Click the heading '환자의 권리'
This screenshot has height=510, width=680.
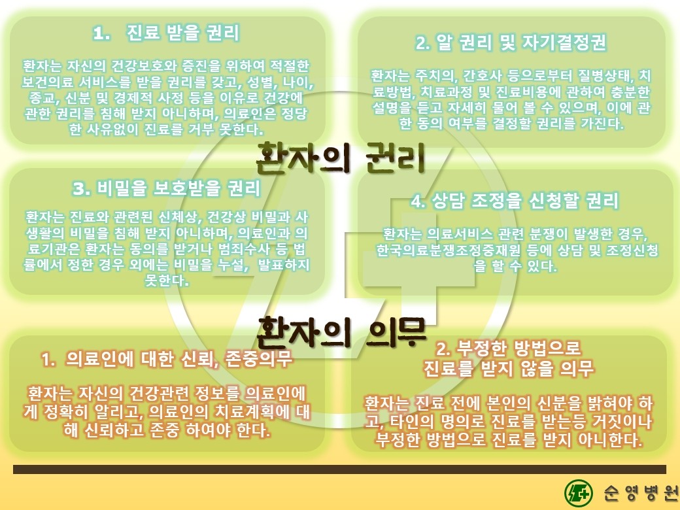point(341,158)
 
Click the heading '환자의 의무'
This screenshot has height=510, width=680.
point(341,332)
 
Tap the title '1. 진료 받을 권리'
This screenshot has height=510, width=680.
point(166,33)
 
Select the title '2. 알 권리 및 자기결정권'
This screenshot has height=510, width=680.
point(511,42)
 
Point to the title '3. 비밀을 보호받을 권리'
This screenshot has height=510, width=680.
point(167,188)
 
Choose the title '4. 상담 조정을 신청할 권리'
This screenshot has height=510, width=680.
point(515,201)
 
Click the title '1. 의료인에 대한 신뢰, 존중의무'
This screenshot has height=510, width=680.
point(167,359)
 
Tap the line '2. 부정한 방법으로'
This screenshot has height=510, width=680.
point(508,348)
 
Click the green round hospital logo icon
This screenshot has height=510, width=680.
point(578,493)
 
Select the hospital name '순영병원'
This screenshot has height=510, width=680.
point(641,492)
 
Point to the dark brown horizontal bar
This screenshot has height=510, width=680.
point(339,469)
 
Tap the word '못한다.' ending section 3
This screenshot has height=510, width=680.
point(167,280)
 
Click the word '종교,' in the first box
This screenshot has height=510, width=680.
point(42,97)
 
